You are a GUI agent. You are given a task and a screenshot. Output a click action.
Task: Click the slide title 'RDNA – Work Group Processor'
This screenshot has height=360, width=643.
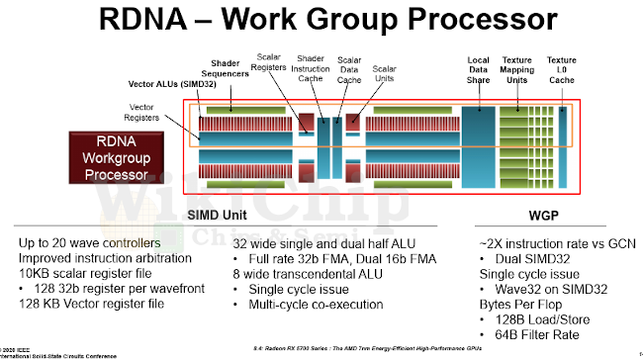[321, 22]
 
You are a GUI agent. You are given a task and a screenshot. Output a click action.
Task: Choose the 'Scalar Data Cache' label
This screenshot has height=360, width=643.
[349, 67]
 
